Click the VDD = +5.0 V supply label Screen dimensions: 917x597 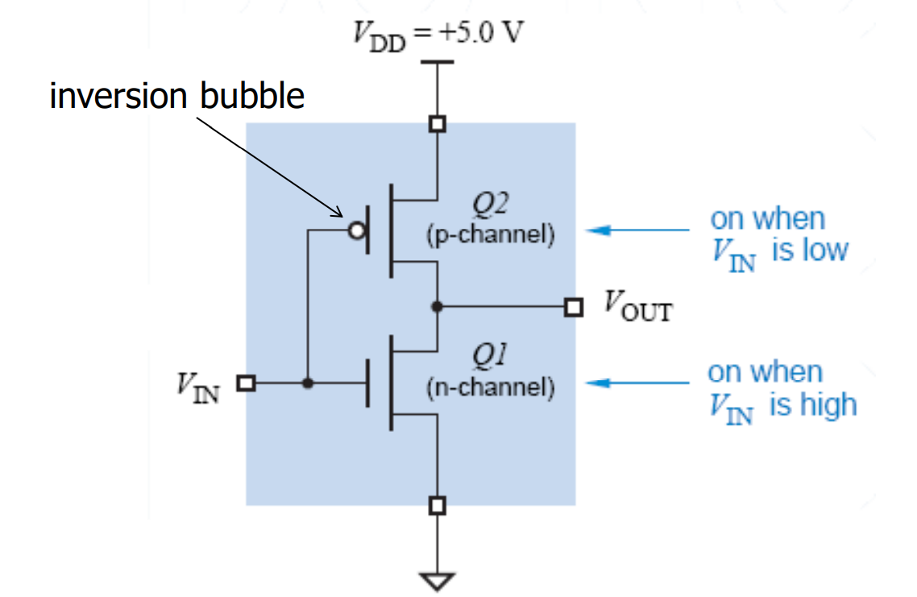pyautogui.click(x=438, y=35)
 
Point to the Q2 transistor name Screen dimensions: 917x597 pyautogui.click(x=490, y=203)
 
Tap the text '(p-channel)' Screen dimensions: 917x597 pyautogui.click(x=490, y=234)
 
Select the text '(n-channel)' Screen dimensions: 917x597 pyautogui.click(x=490, y=387)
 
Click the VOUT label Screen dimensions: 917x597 pyautogui.click(x=638, y=306)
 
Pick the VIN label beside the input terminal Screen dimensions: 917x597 pyautogui.click(x=198, y=388)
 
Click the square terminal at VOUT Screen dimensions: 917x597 pyautogui.click(x=574, y=307)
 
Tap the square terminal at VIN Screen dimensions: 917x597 pyautogui.click(x=247, y=383)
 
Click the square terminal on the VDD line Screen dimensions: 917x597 pyautogui.click(x=438, y=124)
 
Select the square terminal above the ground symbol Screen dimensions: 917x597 pyautogui.click(x=438, y=505)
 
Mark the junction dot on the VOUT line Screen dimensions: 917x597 pyautogui.click(x=437, y=306)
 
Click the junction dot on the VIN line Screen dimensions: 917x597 pyautogui.click(x=308, y=383)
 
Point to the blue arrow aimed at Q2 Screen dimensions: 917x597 pyautogui.click(x=637, y=230)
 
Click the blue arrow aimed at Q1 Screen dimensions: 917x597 pyautogui.click(x=637, y=383)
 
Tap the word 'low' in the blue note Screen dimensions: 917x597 pyautogui.click(x=824, y=251)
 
